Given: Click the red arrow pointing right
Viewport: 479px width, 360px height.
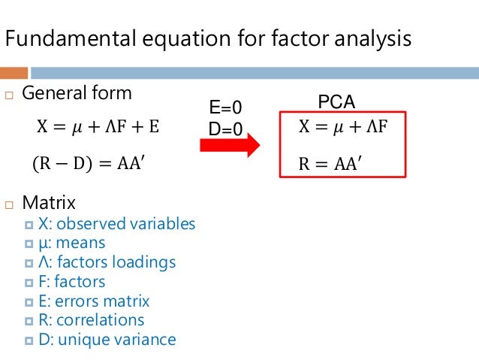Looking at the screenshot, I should tap(228, 146).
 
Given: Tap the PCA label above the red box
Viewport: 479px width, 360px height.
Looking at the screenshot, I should tap(336, 101).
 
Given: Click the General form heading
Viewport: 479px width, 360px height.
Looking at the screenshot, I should tap(77, 94).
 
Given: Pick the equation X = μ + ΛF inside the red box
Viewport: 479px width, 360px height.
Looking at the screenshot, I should tap(342, 126).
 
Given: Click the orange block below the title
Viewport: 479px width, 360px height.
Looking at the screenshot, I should tap(14, 74).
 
